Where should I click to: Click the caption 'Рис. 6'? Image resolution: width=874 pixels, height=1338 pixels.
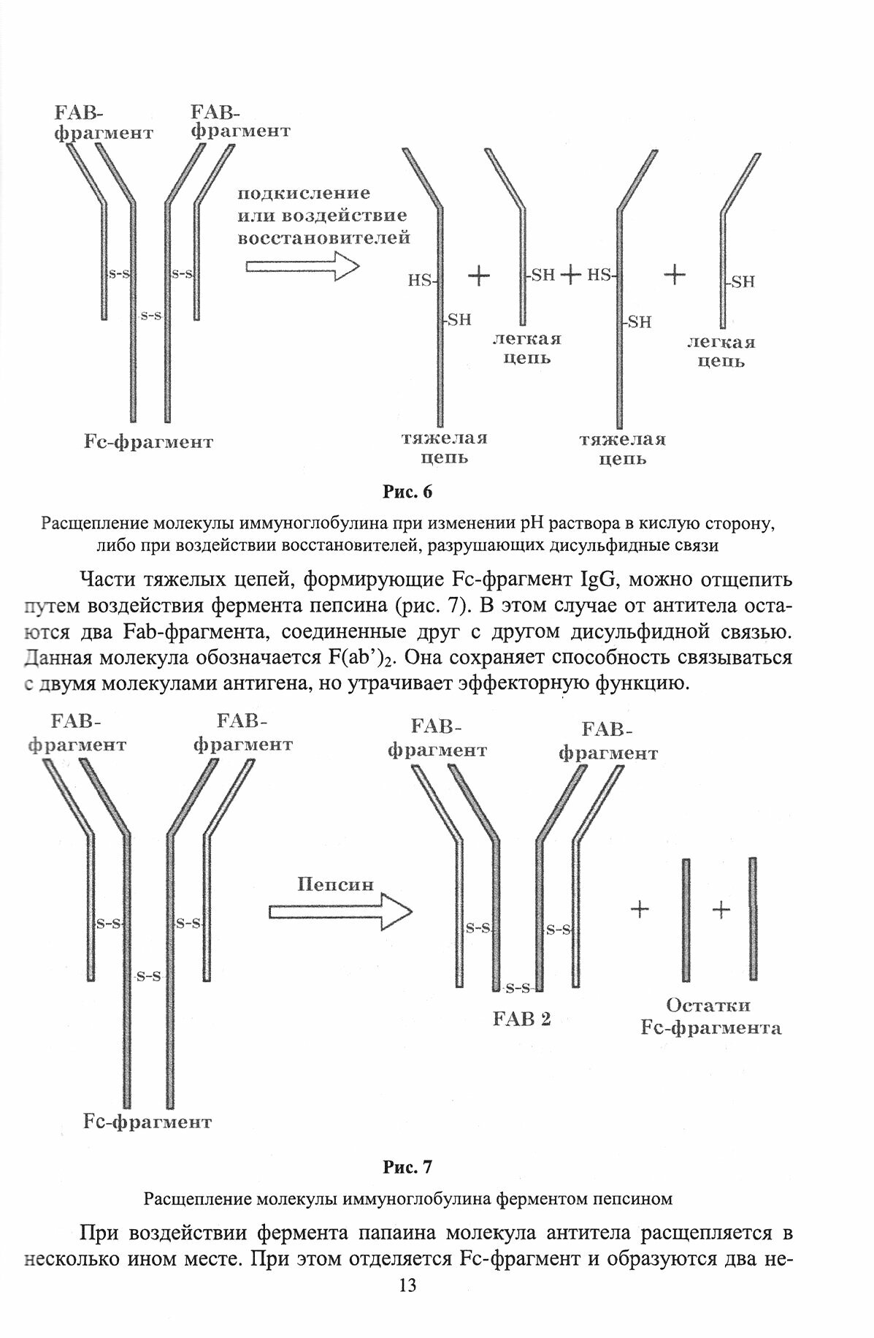point(407,492)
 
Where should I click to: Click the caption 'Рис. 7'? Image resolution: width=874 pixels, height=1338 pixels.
point(407,1167)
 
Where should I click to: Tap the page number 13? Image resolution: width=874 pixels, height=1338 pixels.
point(407,1306)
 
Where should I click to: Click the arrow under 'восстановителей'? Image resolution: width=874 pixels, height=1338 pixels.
point(302,266)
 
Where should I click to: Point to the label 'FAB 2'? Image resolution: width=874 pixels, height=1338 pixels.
point(521,1018)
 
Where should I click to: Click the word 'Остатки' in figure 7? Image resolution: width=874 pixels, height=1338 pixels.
point(708,1006)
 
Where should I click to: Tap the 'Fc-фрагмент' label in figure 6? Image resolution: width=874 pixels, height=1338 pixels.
point(148,442)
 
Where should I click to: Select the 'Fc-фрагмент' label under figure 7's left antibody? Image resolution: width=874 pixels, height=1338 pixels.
point(147,1122)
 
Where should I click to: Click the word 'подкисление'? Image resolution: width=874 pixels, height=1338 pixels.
point(304,194)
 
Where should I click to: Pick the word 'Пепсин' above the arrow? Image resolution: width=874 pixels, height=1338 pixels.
point(335,883)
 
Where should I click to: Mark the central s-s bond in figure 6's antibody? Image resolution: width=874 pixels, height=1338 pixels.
point(150,316)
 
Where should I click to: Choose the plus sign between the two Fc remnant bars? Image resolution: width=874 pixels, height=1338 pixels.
point(721,910)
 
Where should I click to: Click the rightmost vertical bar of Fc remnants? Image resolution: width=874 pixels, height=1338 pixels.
point(753,919)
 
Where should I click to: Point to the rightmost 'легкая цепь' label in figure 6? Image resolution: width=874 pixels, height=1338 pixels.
point(721,351)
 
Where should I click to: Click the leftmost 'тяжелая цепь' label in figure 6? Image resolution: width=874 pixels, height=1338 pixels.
point(443,448)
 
